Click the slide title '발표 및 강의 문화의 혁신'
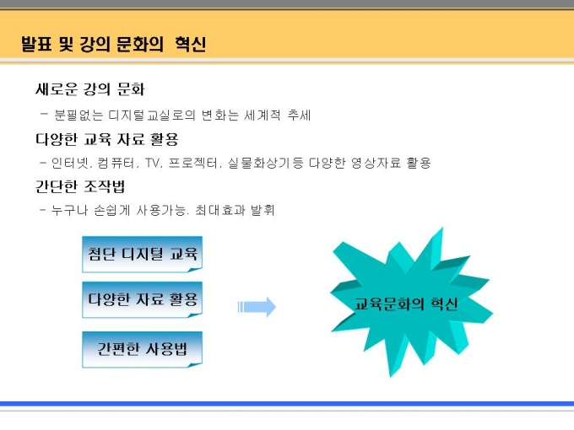pyautogui.click(x=113, y=44)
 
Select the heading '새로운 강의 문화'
pyautogui.click(x=90, y=89)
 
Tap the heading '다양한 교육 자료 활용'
pyautogui.click(x=107, y=139)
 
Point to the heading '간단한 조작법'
pyautogui.click(x=80, y=186)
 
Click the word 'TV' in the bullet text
pyautogui.click(x=154, y=163)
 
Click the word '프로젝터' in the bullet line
pyautogui.click(x=194, y=163)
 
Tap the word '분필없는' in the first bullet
pyautogui.click(x=79, y=116)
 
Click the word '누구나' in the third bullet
pyautogui.click(x=69, y=210)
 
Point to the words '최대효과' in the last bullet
pyautogui.click(x=219, y=210)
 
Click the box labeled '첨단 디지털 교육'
pyautogui.click(x=143, y=254)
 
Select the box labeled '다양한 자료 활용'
pyautogui.click(x=143, y=299)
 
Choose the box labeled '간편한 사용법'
pyautogui.click(x=143, y=349)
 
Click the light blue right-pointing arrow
pyautogui.click(x=257, y=307)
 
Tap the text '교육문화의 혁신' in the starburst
pyautogui.click(x=406, y=304)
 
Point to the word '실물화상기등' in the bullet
pyautogui.click(x=266, y=163)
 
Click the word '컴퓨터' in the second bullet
pyautogui.click(x=116, y=163)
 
